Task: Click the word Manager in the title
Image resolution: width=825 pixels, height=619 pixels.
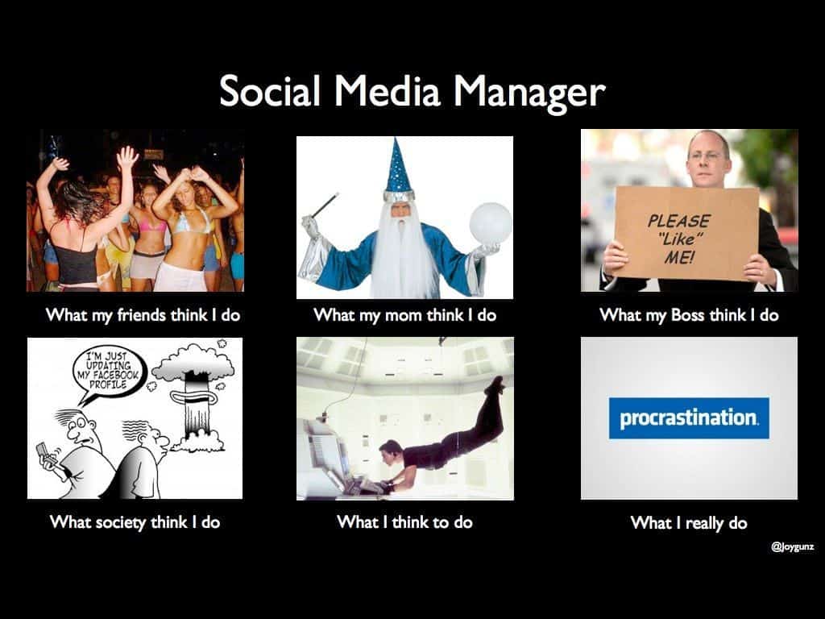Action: [529, 93]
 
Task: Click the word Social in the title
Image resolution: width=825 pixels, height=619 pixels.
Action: [269, 90]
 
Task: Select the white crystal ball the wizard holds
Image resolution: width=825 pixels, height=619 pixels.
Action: [491, 223]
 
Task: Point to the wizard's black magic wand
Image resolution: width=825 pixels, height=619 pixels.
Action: [324, 206]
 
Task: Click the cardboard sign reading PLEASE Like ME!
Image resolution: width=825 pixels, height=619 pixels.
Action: [686, 232]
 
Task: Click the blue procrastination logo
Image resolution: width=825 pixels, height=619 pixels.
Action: [689, 418]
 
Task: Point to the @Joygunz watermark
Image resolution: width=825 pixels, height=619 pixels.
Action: [793, 546]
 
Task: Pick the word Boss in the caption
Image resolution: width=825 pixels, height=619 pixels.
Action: [687, 315]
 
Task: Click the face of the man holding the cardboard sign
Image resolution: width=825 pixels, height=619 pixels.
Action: [707, 158]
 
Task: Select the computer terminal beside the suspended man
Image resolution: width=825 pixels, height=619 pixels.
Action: [330, 458]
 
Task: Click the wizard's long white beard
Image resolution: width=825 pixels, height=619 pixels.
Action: [402, 252]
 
